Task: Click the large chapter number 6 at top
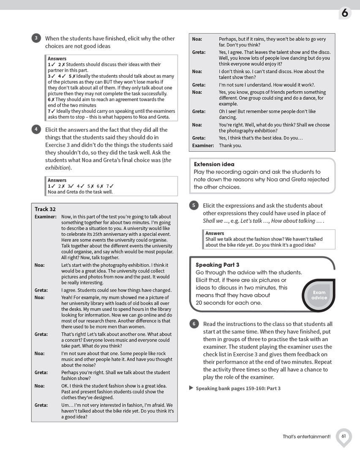[x=344, y=14]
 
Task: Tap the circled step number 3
[x=36, y=38]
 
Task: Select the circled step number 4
[x=36, y=129]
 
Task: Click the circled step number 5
[x=194, y=205]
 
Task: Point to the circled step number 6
[x=194, y=324]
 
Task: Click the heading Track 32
[x=45, y=209]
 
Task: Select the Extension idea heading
[x=214, y=164]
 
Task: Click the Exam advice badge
[x=319, y=295]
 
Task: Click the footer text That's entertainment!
[x=306, y=437]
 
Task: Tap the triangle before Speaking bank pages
[x=191, y=388]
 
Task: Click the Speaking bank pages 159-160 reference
[x=238, y=388]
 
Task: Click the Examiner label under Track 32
[x=45, y=216]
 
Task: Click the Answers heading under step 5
[x=215, y=233]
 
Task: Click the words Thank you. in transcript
[x=230, y=145]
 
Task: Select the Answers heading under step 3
[x=57, y=58]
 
